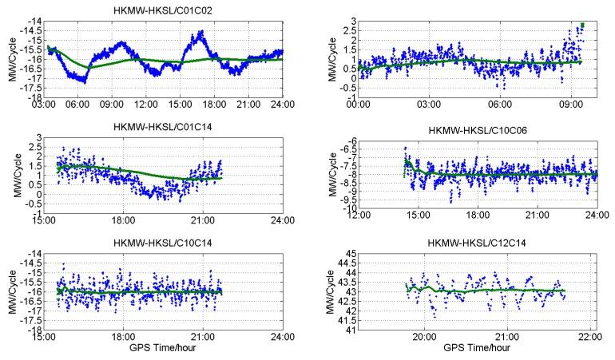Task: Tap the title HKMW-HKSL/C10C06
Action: (x=479, y=129)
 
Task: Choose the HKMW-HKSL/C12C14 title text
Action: (x=479, y=242)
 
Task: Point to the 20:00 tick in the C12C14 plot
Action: (x=424, y=337)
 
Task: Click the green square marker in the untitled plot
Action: (x=583, y=26)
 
